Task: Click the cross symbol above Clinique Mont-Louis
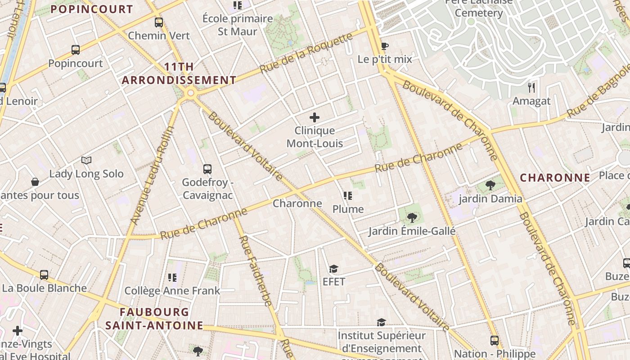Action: point(315,118)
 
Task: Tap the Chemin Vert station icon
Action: point(159,22)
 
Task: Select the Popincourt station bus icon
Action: point(76,50)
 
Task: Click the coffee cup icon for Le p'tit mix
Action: point(384,46)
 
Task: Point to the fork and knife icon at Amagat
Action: point(531,87)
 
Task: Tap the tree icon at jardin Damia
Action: point(490,185)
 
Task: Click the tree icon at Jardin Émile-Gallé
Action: point(412,218)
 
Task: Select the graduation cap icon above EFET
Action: point(333,269)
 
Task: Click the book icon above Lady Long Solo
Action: point(86,160)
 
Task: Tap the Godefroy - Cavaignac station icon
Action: point(207,169)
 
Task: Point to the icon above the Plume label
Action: point(348,196)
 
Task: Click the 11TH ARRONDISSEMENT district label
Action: point(179,74)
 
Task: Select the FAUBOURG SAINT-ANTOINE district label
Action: point(154,319)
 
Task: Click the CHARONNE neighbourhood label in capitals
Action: point(555,178)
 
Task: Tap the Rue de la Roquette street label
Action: point(306,53)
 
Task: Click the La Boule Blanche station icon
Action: point(44,274)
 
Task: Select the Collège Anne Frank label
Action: point(172,291)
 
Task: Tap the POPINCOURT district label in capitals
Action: point(92,9)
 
